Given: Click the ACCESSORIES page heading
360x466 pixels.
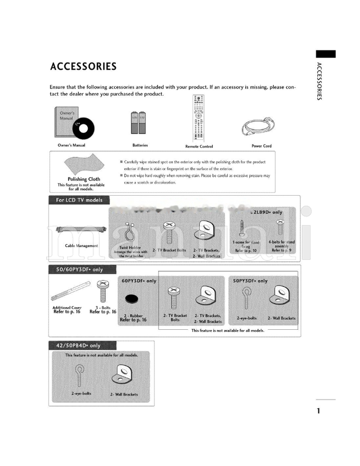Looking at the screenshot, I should click(83, 67).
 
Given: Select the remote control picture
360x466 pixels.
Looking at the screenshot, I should click(199, 119).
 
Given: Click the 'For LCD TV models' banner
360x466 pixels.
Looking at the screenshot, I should click(79, 200).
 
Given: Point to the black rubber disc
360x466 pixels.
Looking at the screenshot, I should click(132, 299).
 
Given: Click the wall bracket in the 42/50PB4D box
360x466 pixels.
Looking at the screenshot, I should click(123, 375).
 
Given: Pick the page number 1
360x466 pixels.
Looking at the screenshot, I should click(318, 411).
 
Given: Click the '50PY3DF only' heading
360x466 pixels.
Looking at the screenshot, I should click(250, 281).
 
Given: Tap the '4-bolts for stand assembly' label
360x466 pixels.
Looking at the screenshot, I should click(282, 246).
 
